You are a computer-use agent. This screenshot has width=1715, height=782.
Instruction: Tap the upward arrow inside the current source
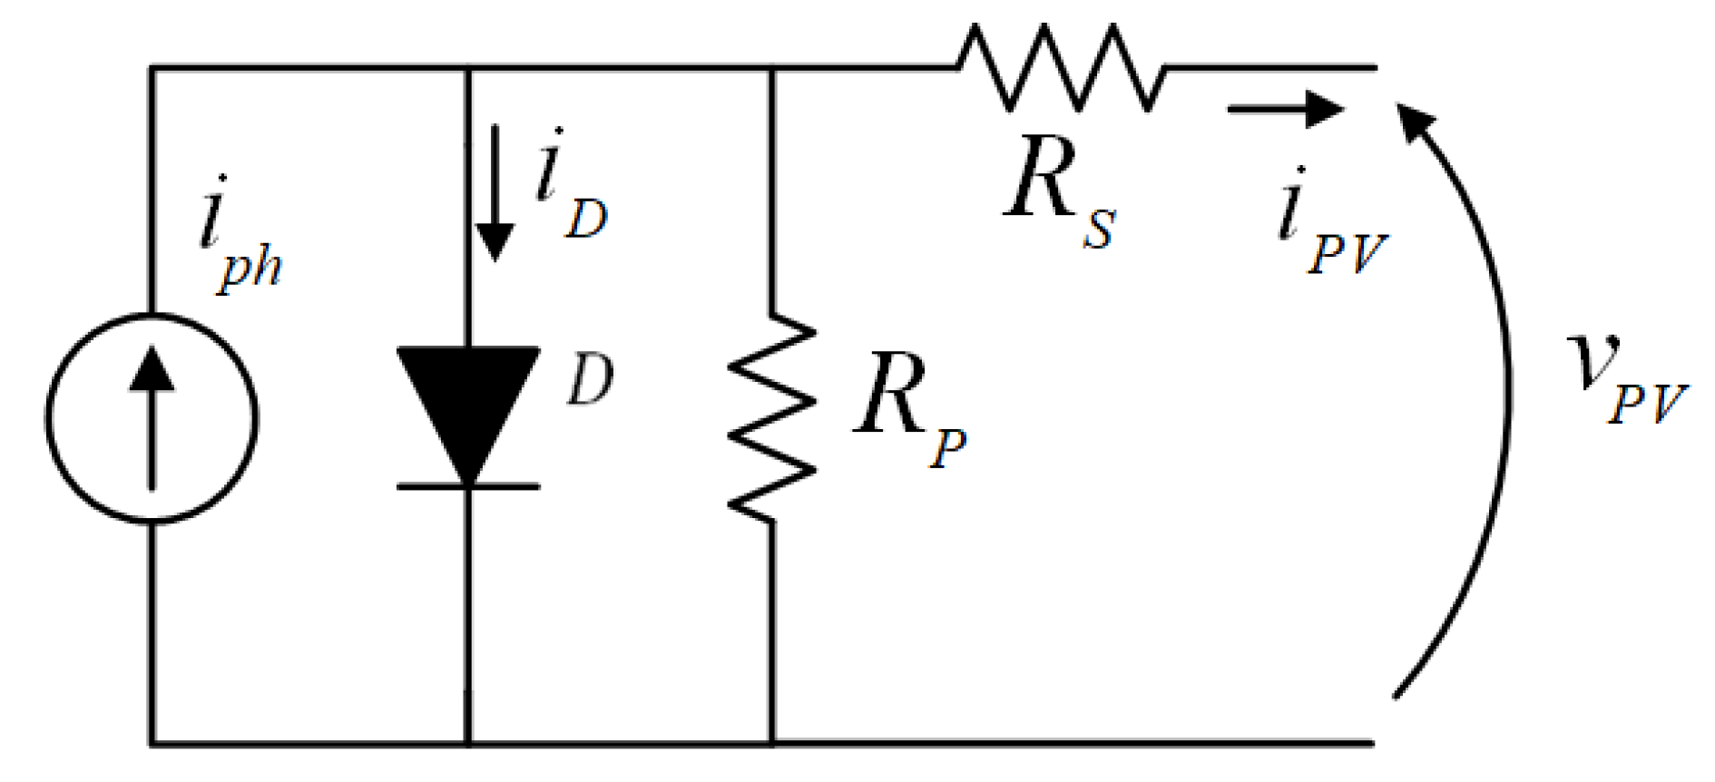(152, 417)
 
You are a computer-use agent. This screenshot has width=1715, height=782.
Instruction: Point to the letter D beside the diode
(591, 379)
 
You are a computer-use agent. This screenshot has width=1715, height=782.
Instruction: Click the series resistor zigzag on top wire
(1059, 68)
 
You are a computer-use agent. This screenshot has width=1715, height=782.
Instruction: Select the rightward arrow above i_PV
(1284, 109)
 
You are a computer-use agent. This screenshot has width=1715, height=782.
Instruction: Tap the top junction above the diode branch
(468, 68)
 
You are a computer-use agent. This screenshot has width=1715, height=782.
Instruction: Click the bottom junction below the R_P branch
(772, 744)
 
